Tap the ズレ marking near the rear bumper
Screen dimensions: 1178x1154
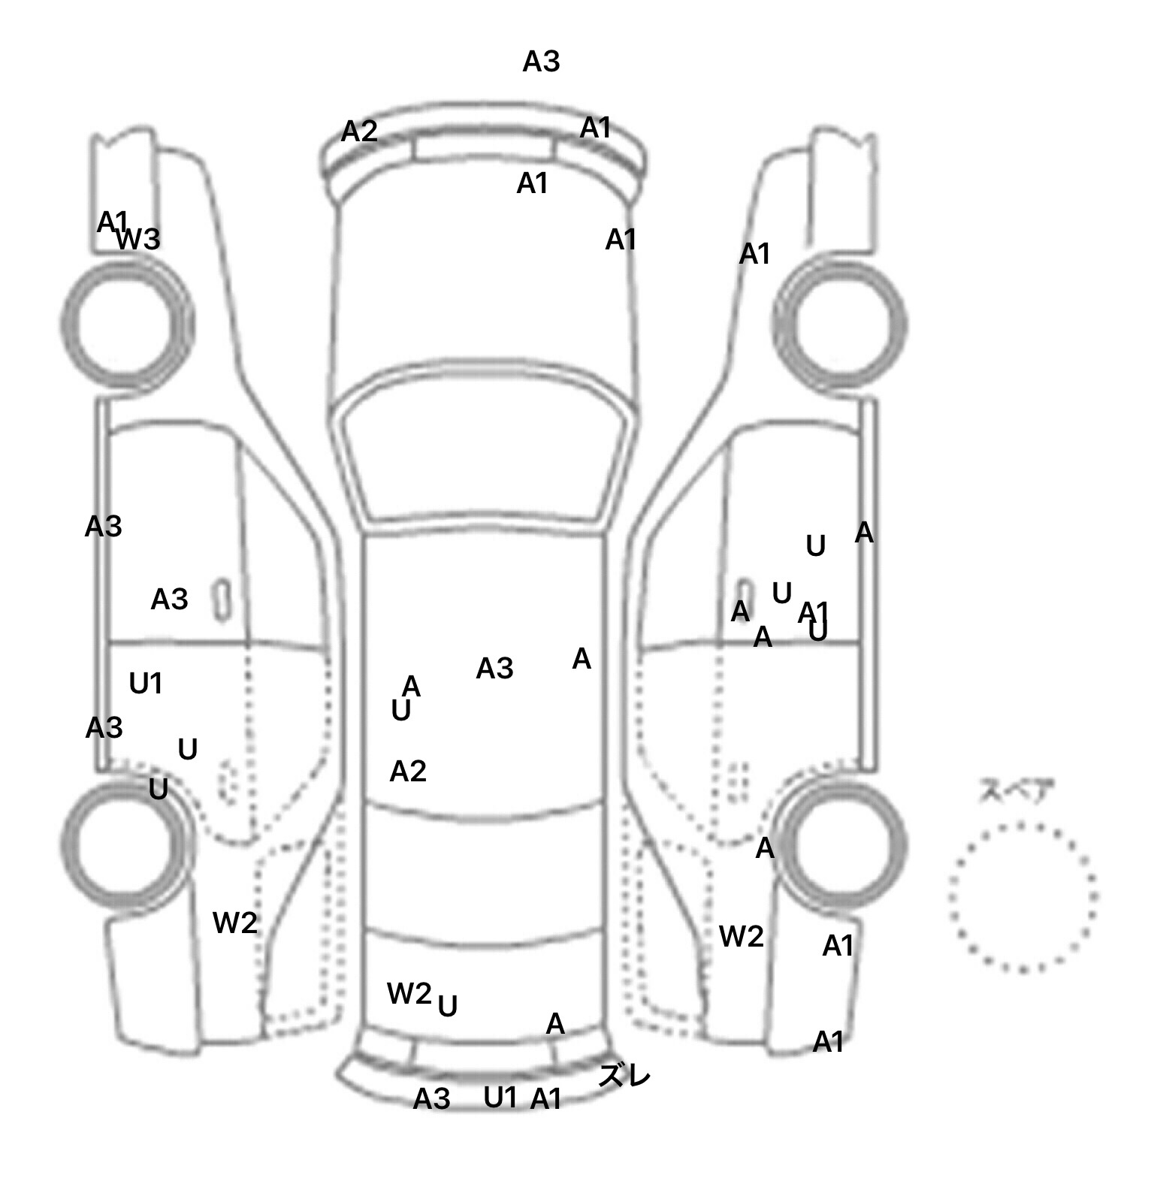(624, 1076)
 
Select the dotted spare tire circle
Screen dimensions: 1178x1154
(1023, 897)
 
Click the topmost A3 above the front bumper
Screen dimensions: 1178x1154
(541, 62)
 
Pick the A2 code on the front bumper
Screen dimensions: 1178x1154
(359, 132)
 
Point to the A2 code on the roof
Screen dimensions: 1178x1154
(408, 772)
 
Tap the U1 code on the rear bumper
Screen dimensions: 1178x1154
(500, 1098)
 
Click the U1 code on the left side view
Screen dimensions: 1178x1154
(146, 684)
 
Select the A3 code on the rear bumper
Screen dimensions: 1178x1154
(432, 1099)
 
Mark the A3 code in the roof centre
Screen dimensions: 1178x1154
(494, 668)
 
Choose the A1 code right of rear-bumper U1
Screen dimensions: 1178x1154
(546, 1099)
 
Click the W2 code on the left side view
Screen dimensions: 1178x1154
(235, 923)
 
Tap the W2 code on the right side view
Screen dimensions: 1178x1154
(742, 936)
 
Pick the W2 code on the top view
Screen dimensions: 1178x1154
(409, 993)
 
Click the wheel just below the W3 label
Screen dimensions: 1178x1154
(126, 324)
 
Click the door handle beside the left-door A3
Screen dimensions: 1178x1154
(222, 600)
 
